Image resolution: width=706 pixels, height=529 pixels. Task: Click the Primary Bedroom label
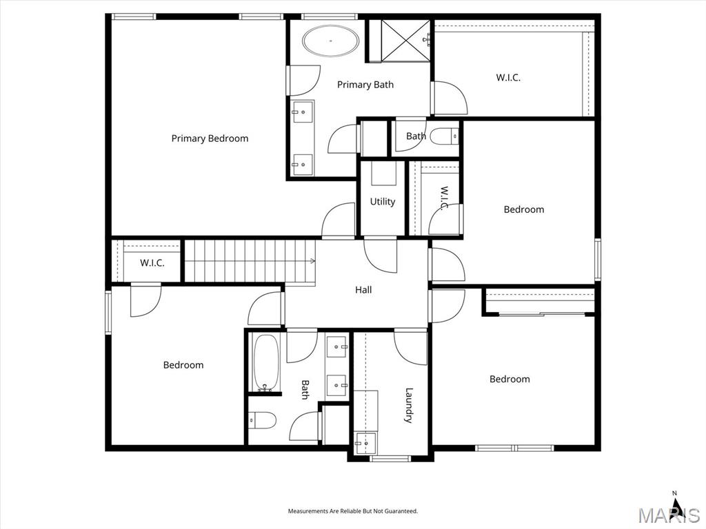tap(210, 138)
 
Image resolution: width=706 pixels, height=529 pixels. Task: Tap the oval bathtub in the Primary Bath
tap(331, 41)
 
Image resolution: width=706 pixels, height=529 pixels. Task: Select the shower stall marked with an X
tap(405, 40)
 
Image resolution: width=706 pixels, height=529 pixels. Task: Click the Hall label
tap(363, 290)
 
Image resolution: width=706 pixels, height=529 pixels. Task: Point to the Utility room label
tap(383, 202)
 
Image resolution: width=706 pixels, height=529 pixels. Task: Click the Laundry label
tap(409, 405)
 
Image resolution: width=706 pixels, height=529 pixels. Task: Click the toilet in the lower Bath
tap(262, 421)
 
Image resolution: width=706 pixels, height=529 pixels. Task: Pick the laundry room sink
tap(365, 443)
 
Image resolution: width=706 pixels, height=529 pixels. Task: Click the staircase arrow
tap(312, 261)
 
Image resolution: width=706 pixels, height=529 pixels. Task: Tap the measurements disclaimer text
tap(353, 511)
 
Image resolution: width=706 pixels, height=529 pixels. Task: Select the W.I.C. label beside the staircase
tap(152, 262)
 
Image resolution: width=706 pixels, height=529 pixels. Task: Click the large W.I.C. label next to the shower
tap(508, 77)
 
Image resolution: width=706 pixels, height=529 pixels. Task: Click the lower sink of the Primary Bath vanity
tap(303, 165)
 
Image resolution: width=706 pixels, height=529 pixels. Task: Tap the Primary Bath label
tap(365, 85)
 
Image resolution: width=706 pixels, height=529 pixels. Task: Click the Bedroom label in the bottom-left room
tap(183, 365)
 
